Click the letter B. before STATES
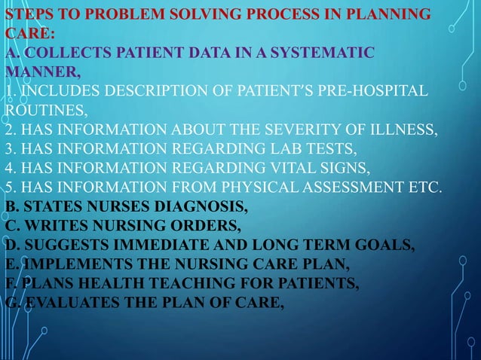[x=11, y=205]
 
